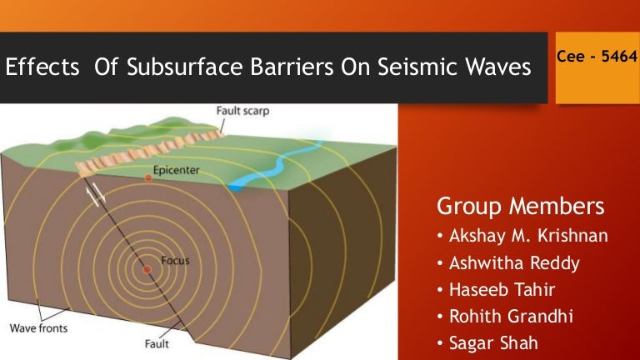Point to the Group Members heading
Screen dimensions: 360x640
(520, 206)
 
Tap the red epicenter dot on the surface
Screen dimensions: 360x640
(148, 178)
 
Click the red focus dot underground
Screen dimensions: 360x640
(147, 270)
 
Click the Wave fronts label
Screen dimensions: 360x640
(38, 327)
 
